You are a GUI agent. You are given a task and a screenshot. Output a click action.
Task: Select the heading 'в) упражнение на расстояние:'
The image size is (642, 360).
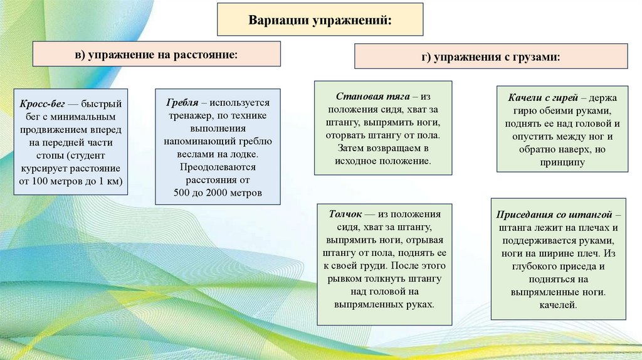pos(157,55)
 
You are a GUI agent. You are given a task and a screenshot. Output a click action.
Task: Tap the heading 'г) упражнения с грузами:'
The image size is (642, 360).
pos(491,57)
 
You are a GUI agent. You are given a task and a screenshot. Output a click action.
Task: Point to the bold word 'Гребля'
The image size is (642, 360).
pos(182,102)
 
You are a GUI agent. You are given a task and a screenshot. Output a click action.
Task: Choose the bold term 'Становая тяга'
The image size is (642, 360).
pos(372,96)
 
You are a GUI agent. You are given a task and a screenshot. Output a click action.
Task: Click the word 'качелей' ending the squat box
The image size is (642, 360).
pos(557,305)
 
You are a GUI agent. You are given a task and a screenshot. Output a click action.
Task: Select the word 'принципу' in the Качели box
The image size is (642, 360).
pos(562,162)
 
